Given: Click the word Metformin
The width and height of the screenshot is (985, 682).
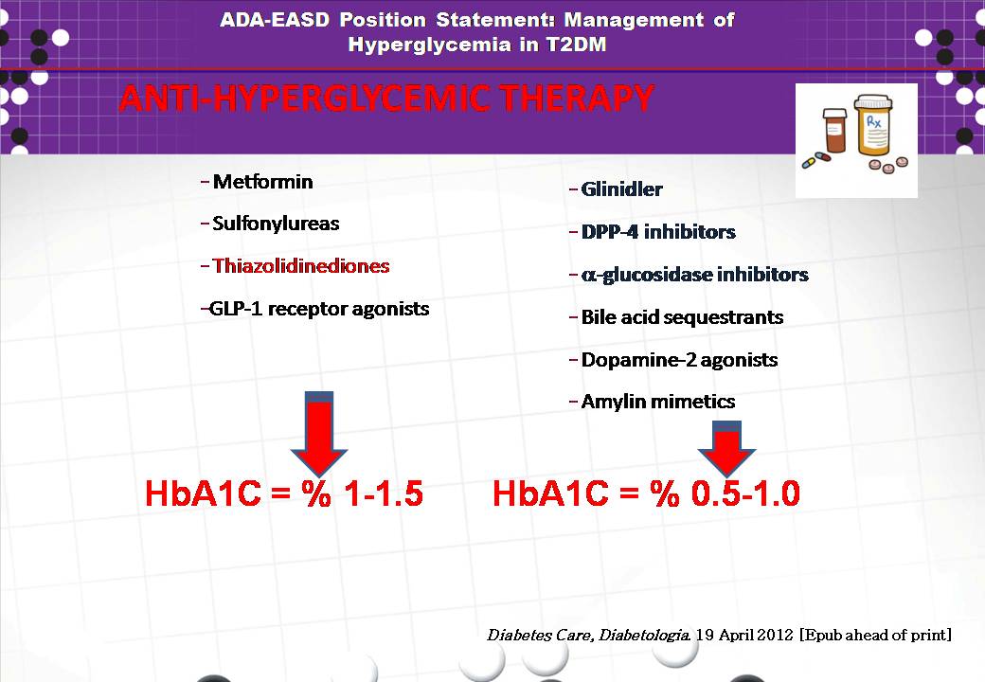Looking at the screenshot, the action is click(x=262, y=182).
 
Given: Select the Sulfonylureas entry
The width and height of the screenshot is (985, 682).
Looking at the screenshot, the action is click(x=276, y=224).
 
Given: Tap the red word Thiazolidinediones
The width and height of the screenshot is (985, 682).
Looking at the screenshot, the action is click(x=301, y=265).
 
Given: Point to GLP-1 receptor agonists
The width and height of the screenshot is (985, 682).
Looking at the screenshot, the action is click(x=319, y=309).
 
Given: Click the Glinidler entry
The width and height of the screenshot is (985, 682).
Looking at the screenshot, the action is click(x=622, y=189).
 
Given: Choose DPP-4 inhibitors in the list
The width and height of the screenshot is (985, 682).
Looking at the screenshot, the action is click(x=658, y=232).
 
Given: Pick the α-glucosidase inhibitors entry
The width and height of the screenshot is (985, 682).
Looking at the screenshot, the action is click(x=695, y=275).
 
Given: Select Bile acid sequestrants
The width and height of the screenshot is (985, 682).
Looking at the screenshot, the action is click(x=682, y=317).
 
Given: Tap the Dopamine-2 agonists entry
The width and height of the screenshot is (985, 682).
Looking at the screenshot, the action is click(x=680, y=360).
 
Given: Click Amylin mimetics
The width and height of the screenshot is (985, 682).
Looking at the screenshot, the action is click(x=658, y=402).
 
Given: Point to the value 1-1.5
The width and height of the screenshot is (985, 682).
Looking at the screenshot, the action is click(x=384, y=493).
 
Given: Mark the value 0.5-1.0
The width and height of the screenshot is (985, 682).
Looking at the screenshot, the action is click(x=745, y=493).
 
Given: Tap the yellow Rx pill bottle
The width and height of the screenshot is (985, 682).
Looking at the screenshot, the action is click(x=873, y=126).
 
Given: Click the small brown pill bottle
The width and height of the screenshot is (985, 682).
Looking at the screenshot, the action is click(x=834, y=130).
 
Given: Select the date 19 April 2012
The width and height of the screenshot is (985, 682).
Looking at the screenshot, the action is click(x=744, y=635).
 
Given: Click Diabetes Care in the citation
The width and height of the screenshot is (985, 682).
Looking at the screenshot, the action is click(x=540, y=635).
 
